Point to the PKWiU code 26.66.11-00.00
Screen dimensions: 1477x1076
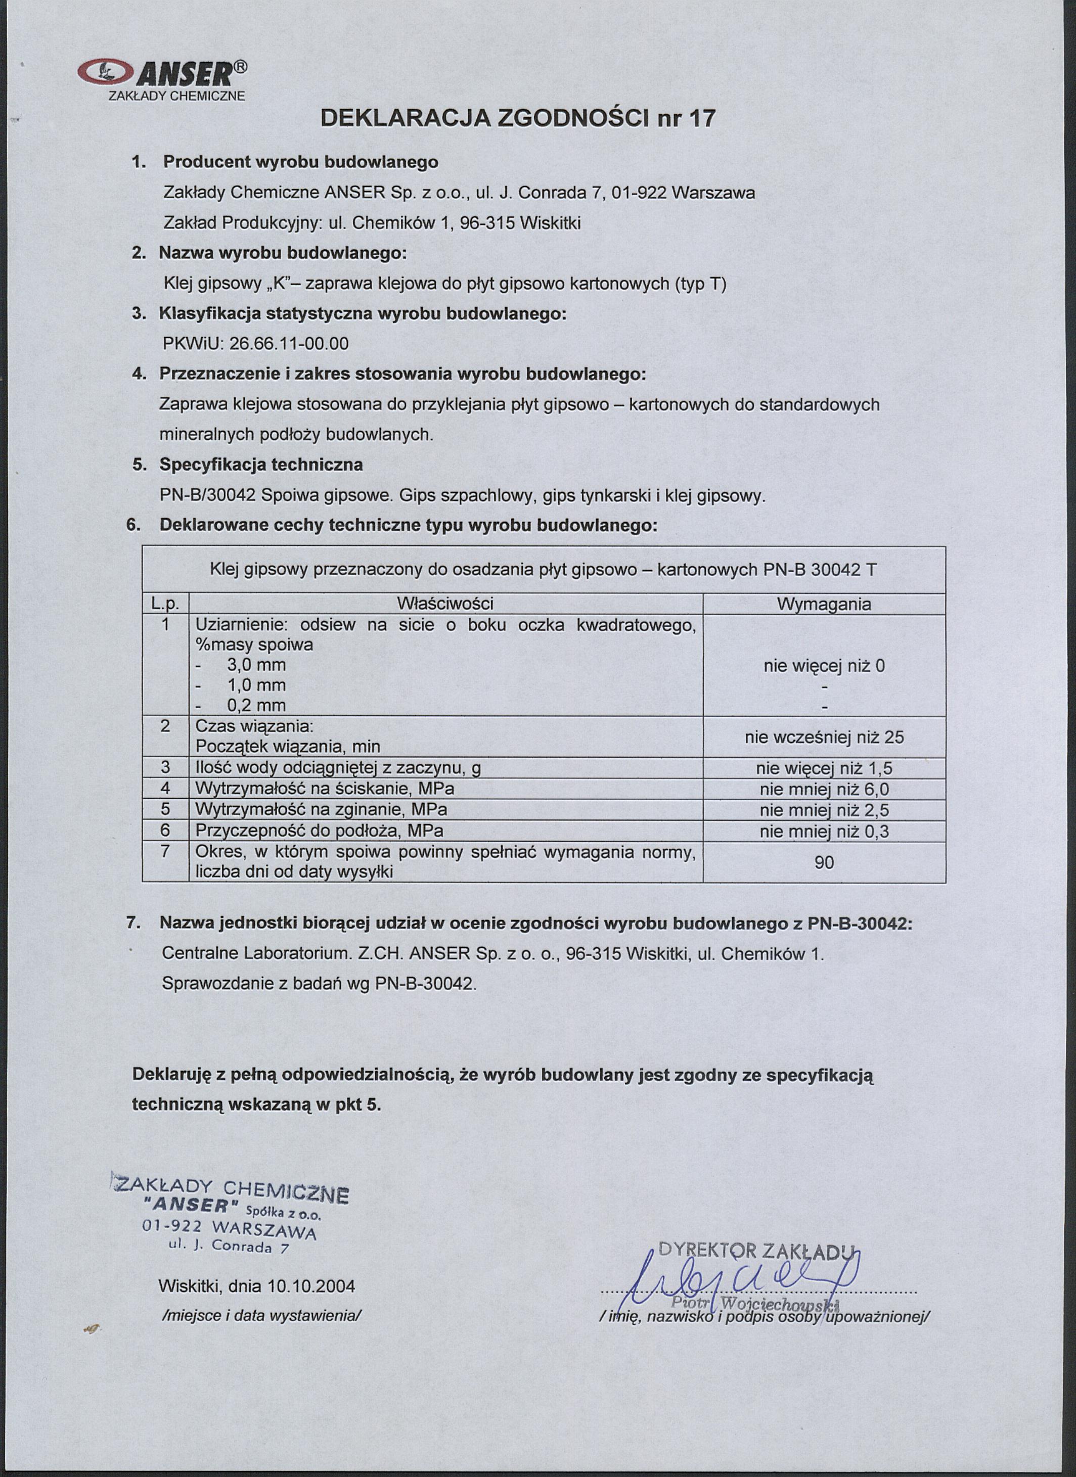pyautogui.click(x=289, y=343)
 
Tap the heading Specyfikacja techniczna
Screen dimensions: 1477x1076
pyautogui.click(x=261, y=465)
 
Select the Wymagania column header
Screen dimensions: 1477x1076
pyautogui.click(x=824, y=605)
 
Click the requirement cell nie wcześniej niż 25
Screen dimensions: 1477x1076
pyautogui.click(x=824, y=737)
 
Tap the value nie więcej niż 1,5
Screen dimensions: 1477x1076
pyautogui.click(x=824, y=768)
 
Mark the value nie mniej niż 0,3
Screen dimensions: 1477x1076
pyautogui.click(x=824, y=831)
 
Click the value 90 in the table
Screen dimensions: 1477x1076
pyautogui.click(x=824, y=863)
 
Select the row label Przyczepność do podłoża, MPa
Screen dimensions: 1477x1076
pyautogui.click(x=319, y=831)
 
